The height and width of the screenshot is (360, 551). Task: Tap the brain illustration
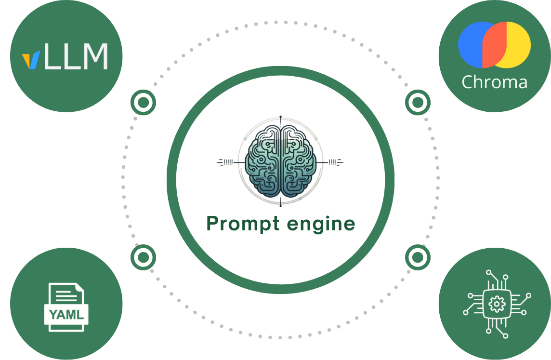[280, 161]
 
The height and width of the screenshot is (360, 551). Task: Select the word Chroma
[494, 82]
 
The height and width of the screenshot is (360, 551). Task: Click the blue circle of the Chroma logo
[471, 44]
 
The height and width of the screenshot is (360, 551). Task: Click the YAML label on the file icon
[66, 315]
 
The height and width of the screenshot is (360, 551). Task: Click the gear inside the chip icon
[496, 304]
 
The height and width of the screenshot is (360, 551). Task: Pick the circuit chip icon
[496, 304]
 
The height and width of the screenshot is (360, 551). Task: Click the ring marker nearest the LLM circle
[143, 103]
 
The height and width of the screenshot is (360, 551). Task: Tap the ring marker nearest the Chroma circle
[418, 103]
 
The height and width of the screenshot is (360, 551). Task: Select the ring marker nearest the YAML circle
[143, 257]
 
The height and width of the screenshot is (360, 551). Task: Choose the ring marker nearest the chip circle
[418, 257]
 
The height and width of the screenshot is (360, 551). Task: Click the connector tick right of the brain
[335, 162]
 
